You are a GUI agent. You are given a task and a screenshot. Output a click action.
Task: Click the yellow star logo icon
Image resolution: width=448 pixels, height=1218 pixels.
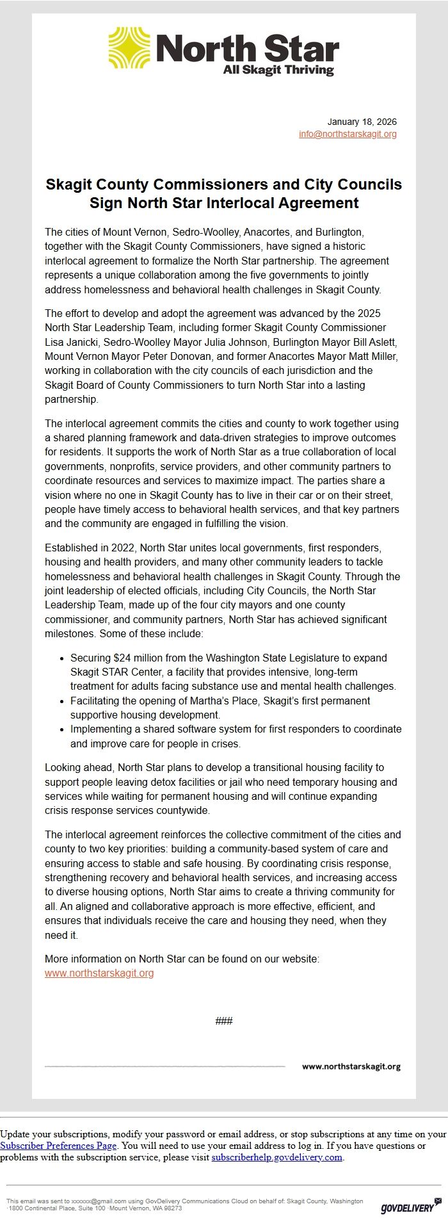129,48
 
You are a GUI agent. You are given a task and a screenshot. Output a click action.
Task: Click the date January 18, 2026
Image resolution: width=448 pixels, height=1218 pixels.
362,122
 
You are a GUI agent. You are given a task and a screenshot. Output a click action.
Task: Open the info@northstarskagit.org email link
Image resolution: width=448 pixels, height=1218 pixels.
348,134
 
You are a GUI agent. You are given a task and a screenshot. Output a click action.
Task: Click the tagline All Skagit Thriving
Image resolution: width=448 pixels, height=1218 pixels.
278,70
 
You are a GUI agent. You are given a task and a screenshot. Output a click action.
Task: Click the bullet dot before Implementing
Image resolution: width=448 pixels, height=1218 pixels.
61,729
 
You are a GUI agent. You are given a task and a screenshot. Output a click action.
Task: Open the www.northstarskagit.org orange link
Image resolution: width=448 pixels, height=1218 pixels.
99,973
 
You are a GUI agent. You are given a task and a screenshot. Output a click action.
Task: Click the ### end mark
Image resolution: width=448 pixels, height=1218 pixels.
224,1021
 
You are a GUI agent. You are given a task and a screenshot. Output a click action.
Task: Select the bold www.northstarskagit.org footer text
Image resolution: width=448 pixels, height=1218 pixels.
351,1066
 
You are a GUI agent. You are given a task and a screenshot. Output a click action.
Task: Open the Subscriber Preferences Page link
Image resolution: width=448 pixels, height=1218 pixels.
58,1146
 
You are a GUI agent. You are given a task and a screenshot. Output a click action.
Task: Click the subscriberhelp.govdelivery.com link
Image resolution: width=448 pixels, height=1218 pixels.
276,1157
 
